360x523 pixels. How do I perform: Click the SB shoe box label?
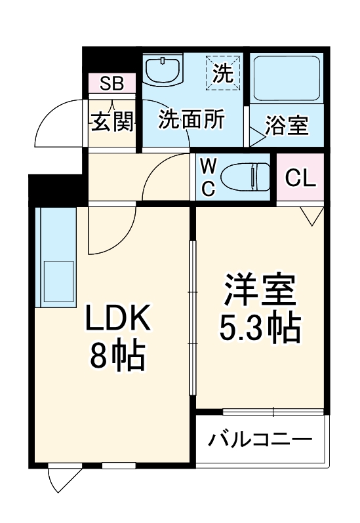[x=112, y=83]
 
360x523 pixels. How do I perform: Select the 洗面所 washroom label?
[x=192, y=120]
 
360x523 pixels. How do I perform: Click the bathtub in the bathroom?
[x=287, y=77]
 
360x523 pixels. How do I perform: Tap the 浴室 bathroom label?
[x=287, y=125]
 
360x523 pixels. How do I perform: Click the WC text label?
[x=207, y=176]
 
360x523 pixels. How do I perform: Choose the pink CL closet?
[x=300, y=177]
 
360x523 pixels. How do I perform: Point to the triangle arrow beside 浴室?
[x=256, y=136]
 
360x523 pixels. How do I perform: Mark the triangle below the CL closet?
[x=312, y=215]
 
